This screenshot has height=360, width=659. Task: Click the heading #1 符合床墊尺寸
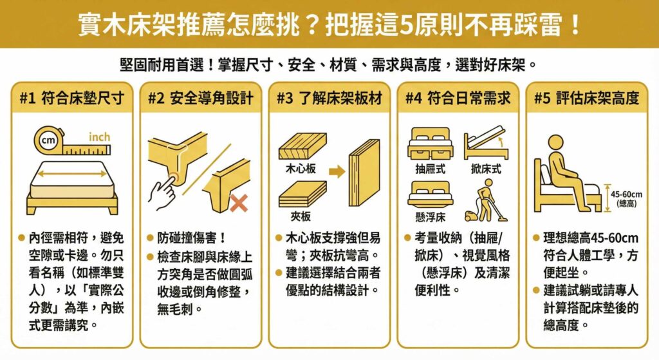[x=71, y=99]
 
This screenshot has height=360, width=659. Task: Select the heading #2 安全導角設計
[x=200, y=99]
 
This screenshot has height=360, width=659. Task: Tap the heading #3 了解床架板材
[x=329, y=99]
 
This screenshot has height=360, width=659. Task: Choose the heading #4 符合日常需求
[x=458, y=99]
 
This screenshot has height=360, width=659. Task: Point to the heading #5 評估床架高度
[x=587, y=99]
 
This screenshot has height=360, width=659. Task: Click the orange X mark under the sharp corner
[x=239, y=204]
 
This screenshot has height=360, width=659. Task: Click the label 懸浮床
[x=431, y=216]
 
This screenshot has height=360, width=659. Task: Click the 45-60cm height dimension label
[x=626, y=198]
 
